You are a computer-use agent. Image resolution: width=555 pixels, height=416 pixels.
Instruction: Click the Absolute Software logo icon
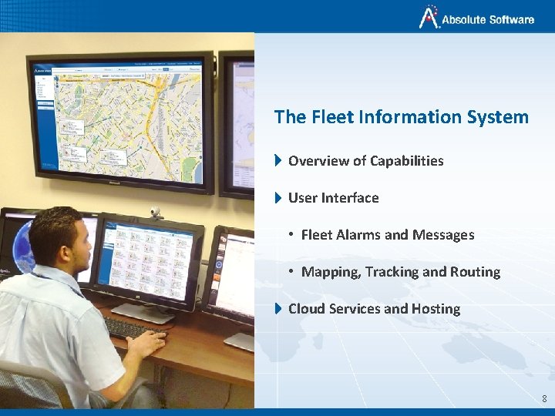click(429, 16)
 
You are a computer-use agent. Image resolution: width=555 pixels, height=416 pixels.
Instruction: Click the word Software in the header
click(510, 20)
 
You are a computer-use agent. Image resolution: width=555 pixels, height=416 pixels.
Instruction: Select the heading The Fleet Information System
click(401, 117)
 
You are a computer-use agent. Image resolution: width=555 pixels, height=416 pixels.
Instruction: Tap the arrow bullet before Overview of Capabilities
click(278, 161)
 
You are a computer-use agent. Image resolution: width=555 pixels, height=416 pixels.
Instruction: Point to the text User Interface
click(333, 198)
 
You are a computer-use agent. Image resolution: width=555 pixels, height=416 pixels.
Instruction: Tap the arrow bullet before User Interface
click(278, 198)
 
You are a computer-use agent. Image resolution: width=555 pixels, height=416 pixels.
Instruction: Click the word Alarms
click(361, 235)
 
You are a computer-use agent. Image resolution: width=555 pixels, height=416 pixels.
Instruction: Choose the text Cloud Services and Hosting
click(374, 309)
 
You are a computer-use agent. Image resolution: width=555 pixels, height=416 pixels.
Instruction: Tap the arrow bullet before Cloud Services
click(278, 309)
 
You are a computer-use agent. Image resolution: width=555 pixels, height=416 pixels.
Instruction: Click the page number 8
click(544, 398)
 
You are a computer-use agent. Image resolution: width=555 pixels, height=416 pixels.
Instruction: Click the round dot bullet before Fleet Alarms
click(291, 235)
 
